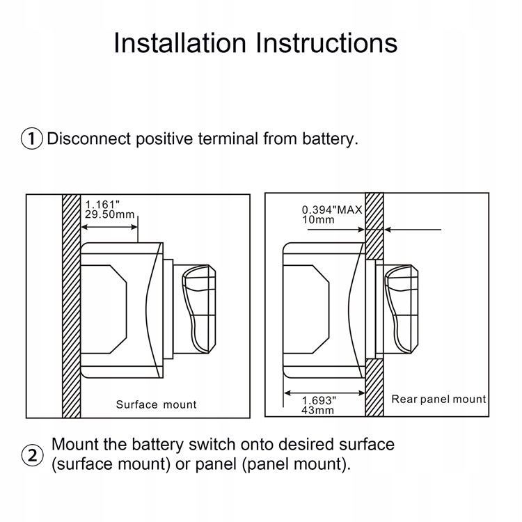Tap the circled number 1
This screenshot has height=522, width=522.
click(32, 139)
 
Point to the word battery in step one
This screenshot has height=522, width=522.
click(330, 139)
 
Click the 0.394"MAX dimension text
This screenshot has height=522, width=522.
click(332, 210)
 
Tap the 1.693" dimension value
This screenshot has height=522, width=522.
click(319, 400)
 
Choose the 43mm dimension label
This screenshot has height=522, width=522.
click(317, 410)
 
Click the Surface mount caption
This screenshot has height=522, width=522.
click(156, 404)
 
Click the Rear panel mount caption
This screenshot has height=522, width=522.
click(438, 400)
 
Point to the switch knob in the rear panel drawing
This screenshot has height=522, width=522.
click(402, 308)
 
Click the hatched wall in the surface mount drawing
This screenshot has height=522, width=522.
click(72, 306)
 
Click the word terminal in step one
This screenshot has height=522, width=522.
click(227, 139)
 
